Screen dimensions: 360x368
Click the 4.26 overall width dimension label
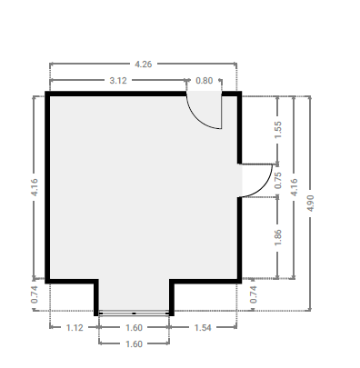pos(144,65)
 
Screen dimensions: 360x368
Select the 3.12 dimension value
pos(118,81)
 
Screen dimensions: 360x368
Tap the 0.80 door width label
pos(205,81)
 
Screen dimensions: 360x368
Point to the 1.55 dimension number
pos(278,130)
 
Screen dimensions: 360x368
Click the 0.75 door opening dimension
pos(278,180)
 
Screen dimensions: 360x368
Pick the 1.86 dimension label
pos(278,237)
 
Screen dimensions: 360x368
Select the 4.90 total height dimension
pos(310,203)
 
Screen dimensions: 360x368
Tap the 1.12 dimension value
pos(75,328)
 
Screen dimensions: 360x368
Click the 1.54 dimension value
pos(203,328)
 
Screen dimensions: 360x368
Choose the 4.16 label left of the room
pos(35,187)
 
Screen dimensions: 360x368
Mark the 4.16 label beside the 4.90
pos(294,187)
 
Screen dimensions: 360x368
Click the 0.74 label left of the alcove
pos(35,294)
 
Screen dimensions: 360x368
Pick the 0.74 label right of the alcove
pos(254,294)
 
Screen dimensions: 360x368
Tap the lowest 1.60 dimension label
pos(134,344)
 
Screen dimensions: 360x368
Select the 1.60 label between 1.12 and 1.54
pos(134,328)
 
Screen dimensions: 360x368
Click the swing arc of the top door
pos(196,119)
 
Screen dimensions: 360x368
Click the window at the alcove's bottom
pos(134,313)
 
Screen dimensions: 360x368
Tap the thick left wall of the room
pos(47,187)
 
